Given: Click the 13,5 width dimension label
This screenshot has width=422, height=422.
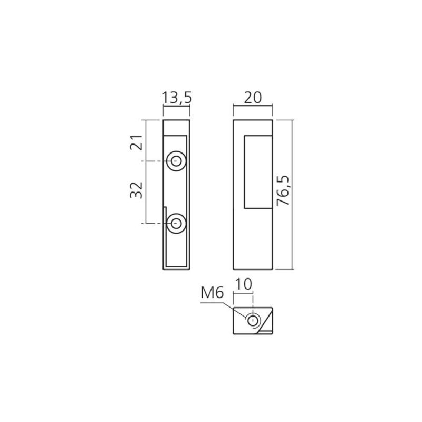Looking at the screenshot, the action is [x=177, y=98].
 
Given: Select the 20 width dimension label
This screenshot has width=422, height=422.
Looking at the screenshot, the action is [x=253, y=98].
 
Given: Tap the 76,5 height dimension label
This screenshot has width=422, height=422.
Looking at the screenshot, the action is [x=283, y=190].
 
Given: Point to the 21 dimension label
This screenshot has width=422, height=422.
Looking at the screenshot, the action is [x=137, y=142].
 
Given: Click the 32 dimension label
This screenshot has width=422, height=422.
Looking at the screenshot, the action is [x=137, y=190].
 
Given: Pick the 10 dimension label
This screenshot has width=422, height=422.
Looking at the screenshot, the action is [x=244, y=284].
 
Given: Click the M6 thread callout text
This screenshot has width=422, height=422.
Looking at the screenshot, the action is [x=212, y=293].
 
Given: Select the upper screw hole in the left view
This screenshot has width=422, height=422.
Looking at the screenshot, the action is [x=176, y=161].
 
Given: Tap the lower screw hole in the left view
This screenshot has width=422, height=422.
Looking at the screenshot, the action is [x=176, y=223].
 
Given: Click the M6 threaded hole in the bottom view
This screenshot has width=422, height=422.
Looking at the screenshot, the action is [x=253, y=320].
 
